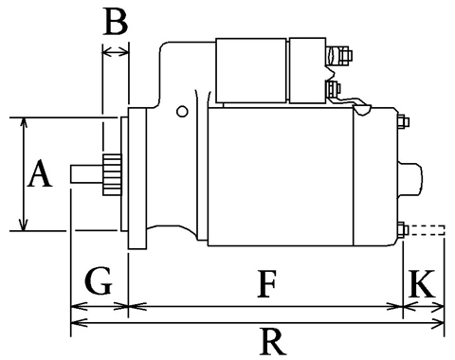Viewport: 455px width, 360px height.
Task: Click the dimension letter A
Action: pyautogui.click(x=40, y=173)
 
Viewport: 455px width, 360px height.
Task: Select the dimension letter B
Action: pyautogui.click(x=116, y=22)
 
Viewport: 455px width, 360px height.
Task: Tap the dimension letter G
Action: pyautogui.click(x=99, y=281)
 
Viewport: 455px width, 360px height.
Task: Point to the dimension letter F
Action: pyautogui.click(x=267, y=283)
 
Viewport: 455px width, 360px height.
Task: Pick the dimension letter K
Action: pyautogui.click(x=422, y=283)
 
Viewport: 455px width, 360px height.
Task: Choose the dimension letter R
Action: pyautogui.click(x=273, y=341)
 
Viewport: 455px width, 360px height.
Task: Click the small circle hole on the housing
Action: pyautogui.click(x=182, y=112)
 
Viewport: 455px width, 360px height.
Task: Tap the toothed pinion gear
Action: pyautogui.click(x=112, y=174)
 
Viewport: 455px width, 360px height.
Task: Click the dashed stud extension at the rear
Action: pyautogui.click(x=428, y=230)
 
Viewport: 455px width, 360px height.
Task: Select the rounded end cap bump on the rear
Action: pyautogui.click(x=410, y=179)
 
